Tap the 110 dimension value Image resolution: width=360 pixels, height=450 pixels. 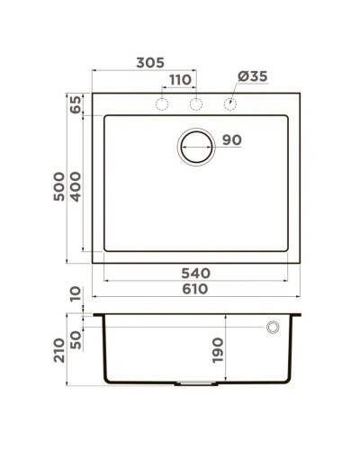179,79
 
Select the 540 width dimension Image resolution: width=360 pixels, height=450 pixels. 195,272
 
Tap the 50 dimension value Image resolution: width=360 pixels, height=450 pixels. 76,337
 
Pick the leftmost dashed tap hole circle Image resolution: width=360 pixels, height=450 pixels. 163,104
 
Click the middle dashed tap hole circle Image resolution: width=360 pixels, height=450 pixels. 195,104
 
